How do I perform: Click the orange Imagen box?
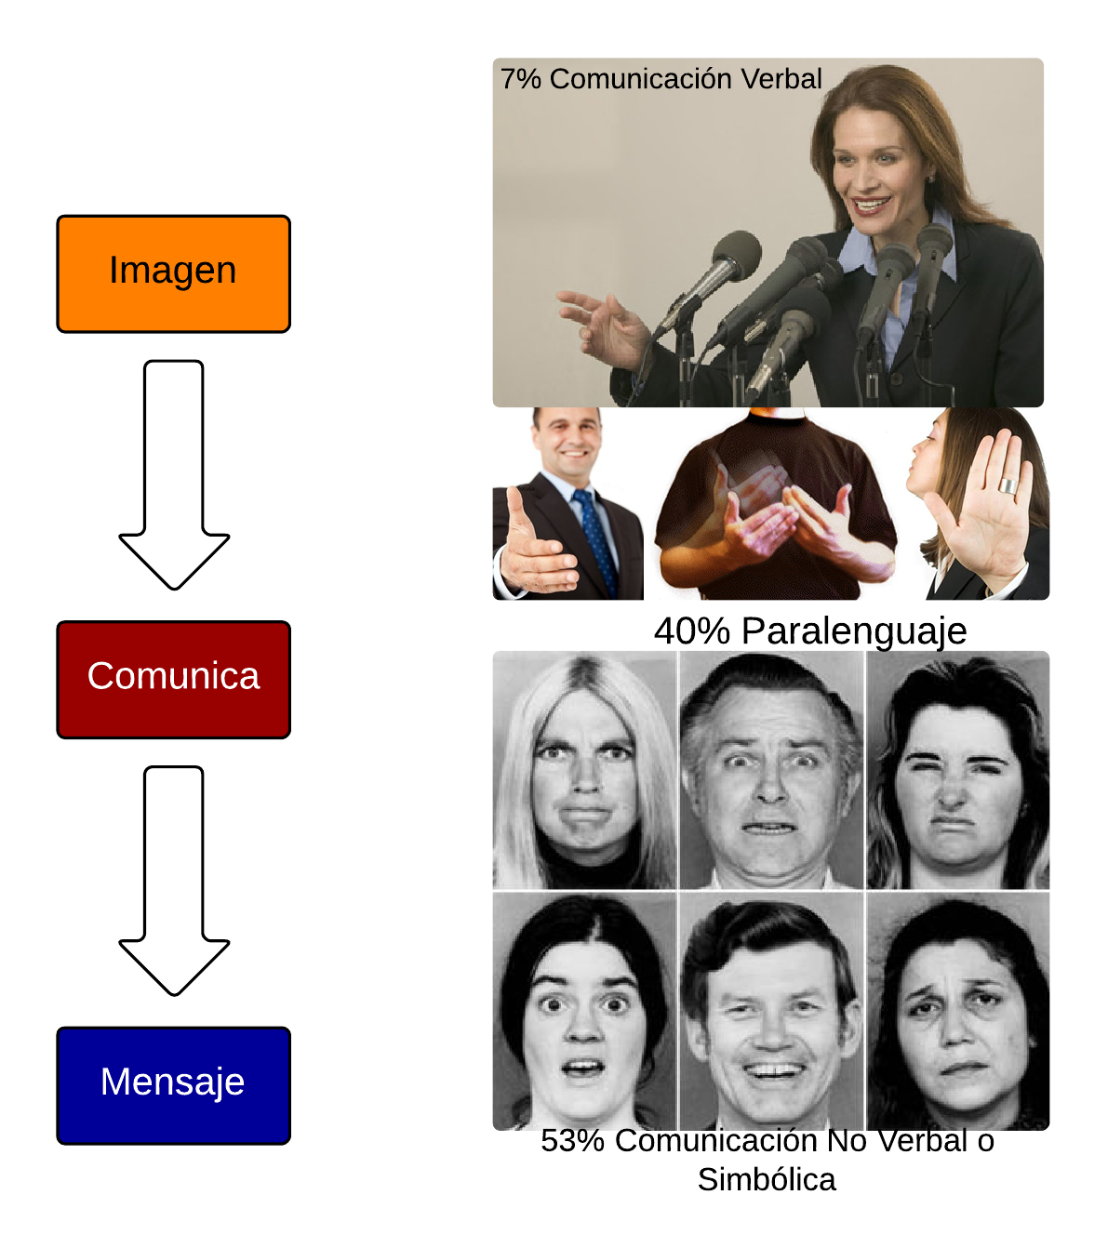coord(173,273)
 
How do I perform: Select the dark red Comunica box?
coord(173,679)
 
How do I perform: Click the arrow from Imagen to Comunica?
coord(174,474)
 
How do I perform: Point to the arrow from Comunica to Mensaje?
coord(174,881)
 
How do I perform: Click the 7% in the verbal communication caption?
coord(520,79)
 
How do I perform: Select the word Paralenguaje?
coord(853,632)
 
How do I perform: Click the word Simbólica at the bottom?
coord(766,1179)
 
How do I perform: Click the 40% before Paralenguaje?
coord(691,631)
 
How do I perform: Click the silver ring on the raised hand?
coord(1008,485)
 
